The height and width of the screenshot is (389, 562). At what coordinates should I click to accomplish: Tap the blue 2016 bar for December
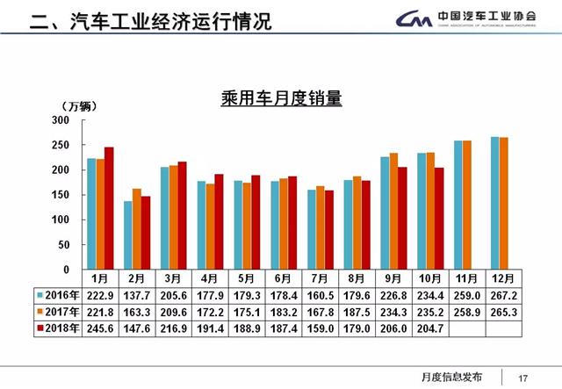point(495,203)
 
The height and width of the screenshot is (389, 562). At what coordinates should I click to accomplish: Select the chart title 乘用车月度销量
point(281,98)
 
